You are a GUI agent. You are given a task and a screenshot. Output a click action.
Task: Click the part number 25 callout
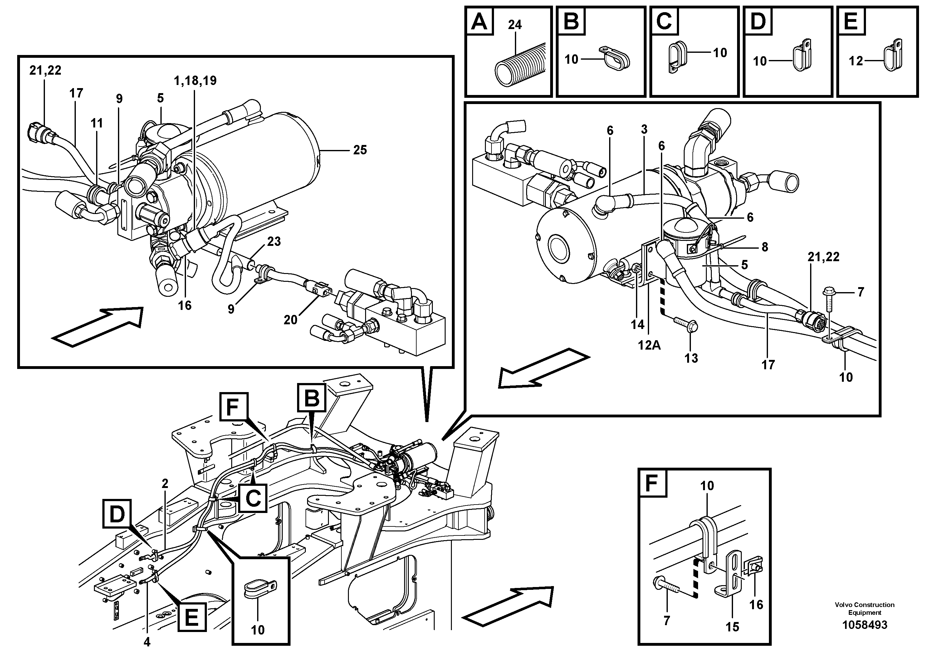360,150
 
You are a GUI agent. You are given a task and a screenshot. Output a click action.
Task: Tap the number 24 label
515,25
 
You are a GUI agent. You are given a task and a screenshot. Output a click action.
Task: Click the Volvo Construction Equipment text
864,608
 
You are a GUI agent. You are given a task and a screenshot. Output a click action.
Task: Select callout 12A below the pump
649,345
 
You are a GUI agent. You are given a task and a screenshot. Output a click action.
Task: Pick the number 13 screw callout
691,358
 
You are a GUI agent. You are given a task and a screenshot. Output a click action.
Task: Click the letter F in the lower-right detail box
652,482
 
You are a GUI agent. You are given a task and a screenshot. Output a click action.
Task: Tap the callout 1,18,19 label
195,81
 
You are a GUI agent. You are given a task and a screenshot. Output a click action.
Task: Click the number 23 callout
274,242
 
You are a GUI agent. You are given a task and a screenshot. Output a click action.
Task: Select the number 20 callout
291,320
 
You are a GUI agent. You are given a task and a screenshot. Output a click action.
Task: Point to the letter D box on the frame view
117,515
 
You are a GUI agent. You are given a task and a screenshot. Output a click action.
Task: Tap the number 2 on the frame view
165,484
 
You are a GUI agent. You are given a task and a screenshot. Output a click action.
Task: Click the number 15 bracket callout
732,627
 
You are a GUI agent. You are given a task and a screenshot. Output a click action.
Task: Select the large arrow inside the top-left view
98,326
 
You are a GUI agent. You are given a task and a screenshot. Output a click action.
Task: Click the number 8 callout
764,247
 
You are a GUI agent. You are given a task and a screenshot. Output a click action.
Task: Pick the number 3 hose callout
644,130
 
